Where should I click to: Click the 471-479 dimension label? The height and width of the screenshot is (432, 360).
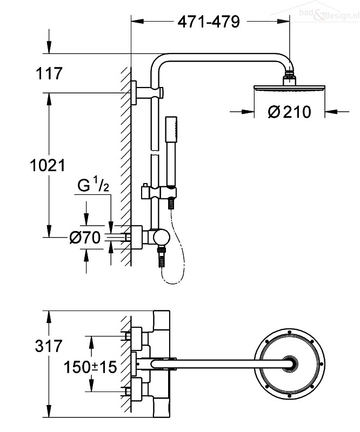[x=209, y=22]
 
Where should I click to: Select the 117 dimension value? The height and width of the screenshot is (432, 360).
[x=49, y=73]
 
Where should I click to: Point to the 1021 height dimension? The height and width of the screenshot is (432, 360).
[x=48, y=166]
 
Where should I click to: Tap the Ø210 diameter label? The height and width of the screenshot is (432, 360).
[x=289, y=112]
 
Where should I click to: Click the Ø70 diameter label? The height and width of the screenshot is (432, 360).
[x=85, y=238]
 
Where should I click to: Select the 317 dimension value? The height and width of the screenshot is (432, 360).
[x=49, y=346]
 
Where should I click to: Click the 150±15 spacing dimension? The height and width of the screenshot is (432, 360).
[x=90, y=367]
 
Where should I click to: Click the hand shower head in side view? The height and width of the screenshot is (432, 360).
[x=171, y=151]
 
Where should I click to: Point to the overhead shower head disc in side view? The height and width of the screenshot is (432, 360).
[x=289, y=87]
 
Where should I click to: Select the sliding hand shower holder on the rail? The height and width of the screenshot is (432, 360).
[x=158, y=192]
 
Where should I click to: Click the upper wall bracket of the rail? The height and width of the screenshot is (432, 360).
[x=147, y=93]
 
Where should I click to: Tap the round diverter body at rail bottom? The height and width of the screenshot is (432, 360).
[x=162, y=238]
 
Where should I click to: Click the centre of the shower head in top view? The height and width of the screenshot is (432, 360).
[x=289, y=363]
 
